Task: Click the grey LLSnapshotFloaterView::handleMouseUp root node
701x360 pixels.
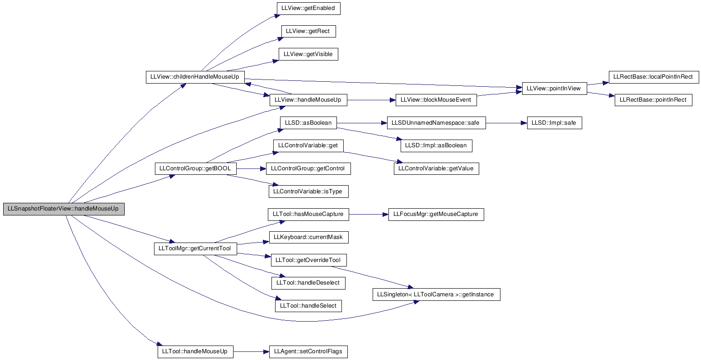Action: click(x=64, y=209)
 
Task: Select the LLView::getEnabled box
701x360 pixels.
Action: click(x=308, y=8)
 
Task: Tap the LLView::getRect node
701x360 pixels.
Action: click(x=308, y=31)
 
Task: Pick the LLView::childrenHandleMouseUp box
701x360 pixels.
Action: click(x=195, y=77)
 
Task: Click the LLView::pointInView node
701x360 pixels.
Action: click(x=555, y=89)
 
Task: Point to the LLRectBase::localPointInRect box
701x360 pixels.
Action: click(x=654, y=77)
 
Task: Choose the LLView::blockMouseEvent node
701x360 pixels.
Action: click(x=436, y=100)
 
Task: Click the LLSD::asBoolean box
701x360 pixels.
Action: click(x=308, y=123)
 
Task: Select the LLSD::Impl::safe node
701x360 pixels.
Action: click(x=555, y=123)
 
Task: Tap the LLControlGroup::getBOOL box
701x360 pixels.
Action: click(x=196, y=169)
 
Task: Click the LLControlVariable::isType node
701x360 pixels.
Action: click(x=308, y=192)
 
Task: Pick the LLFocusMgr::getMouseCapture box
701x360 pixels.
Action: click(x=436, y=215)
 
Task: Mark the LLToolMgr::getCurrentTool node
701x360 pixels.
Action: click(x=195, y=249)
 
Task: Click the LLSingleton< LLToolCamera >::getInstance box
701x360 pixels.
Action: click(x=436, y=295)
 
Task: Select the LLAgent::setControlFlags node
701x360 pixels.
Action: click(x=308, y=352)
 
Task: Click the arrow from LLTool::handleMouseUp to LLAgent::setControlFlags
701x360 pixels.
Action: click(x=251, y=352)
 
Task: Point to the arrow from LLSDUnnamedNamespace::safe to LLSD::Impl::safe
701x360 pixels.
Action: click(x=506, y=123)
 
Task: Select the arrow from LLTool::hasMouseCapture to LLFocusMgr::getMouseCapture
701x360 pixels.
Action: click(x=369, y=215)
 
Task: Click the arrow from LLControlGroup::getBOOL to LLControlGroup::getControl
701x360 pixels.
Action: click(x=251, y=169)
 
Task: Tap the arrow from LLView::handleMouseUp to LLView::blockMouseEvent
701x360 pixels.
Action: click(x=371, y=100)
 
